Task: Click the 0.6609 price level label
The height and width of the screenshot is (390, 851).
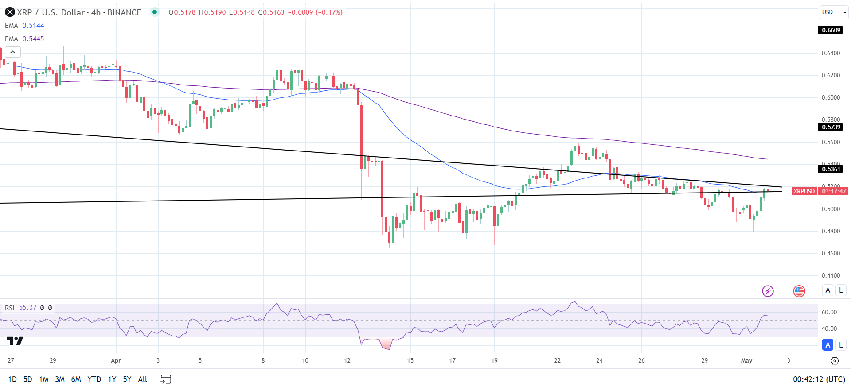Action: tap(830, 30)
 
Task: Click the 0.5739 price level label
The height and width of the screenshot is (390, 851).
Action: tap(830, 127)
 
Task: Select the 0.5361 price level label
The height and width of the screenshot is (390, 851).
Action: tap(830, 169)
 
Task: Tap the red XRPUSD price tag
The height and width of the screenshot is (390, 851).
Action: tap(804, 191)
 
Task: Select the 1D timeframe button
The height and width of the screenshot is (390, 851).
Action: tap(12, 379)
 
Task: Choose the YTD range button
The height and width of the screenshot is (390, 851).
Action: tap(94, 379)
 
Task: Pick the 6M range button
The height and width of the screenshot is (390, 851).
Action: tap(76, 379)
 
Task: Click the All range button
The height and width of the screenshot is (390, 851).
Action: tap(142, 379)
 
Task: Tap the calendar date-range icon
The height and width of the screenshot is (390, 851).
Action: tap(166, 379)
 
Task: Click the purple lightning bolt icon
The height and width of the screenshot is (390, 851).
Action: tap(768, 291)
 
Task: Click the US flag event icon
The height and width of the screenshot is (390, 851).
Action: tap(799, 291)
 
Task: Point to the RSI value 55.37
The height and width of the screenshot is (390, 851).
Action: tap(27, 307)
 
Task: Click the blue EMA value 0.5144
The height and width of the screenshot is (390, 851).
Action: tap(33, 26)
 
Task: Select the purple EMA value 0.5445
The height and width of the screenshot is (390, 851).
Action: tap(33, 39)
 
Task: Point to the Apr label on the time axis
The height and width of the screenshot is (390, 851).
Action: tap(116, 360)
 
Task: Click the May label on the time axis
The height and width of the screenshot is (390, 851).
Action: tap(746, 360)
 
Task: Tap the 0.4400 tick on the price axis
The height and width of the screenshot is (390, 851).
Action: tap(831, 275)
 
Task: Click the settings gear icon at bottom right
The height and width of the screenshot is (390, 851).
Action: tap(834, 361)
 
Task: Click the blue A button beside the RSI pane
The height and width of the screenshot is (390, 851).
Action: tap(828, 344)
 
